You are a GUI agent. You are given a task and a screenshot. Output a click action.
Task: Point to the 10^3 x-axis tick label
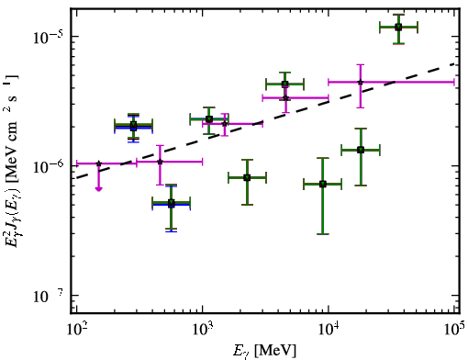pos(202,331)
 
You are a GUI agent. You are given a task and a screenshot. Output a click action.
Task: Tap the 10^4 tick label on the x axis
pos(329,331)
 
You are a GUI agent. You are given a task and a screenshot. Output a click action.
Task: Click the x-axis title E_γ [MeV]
pos(264,351)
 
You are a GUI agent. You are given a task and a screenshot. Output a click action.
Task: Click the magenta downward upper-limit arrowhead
pos(98,188)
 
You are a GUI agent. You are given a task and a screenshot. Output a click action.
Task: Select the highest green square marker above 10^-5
pos(398,28)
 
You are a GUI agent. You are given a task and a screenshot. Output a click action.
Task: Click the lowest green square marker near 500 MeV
pos(172,203)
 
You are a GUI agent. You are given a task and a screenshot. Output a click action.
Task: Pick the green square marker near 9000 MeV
pos(323,184)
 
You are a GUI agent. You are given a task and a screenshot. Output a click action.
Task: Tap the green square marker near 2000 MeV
pos(247,177)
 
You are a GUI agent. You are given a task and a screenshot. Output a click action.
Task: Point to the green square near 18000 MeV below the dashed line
pos(361,150)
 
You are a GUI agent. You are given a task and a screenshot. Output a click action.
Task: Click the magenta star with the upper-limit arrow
pos(98,163)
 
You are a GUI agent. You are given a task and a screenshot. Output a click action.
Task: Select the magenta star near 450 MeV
pos(160,162)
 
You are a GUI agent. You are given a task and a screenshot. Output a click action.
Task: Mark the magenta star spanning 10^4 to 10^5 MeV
pos(361,82)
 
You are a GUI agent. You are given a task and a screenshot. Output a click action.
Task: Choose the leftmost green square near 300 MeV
pos(133,125)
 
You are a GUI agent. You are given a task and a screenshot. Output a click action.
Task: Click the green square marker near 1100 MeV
pos(209,119)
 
